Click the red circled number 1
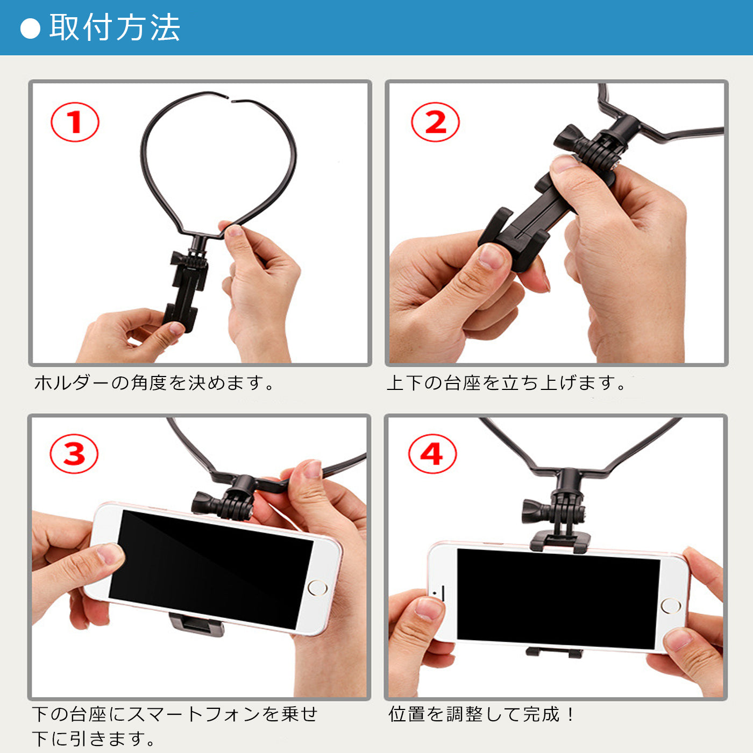click(x=75, y=122)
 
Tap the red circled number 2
click(x=435, y=122)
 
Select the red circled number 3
click(x=74, y=454)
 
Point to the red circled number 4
click(x=432, y=454)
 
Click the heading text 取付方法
click(x=115, y=27)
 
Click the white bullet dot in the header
click(x=30, y=29)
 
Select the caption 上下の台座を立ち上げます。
click(x=506, y=383)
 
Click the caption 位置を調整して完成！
click(x=481, y=714)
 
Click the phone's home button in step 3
click(x=317, y=587)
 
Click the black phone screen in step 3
click(x=210, y=567)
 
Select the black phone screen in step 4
click(x=557, y=597)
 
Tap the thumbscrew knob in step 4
click(x=532, y=511)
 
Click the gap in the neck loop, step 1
click(x=231, y=99)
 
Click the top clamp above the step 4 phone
click(x=559, y=541)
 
